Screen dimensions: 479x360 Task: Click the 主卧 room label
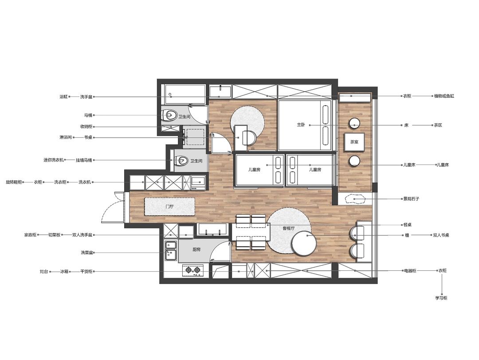click(301, 125)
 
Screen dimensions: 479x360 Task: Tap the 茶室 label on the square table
click(354, 142)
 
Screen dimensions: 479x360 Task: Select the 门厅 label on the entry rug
click(169, 206)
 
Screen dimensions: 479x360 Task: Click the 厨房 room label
click(196, 249)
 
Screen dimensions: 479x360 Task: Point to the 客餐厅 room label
click(288, 228)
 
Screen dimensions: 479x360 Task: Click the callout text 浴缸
click(63, 97)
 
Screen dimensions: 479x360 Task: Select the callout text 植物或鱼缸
click(444, 96)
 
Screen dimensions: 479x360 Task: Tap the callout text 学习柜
click(441, 298)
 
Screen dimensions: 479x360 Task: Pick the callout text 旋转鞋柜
click(14, 182)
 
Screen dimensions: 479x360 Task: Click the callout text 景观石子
click(411, 199)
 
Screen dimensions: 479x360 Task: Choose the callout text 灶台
click(43, 271)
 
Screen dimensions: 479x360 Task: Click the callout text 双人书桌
click(441, 235)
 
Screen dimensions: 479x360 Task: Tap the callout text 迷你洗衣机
click(54, 160)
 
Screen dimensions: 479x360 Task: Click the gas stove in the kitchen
click(193, 270)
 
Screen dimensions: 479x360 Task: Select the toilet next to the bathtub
click(170, 115)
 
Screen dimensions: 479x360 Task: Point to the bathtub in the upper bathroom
click(185, 95)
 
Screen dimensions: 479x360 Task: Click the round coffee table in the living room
click(304, 243)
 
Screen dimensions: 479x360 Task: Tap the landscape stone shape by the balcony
click(355, 199)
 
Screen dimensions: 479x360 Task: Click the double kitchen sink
click(171, 251)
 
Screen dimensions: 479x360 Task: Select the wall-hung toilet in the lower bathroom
click(181, 161)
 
